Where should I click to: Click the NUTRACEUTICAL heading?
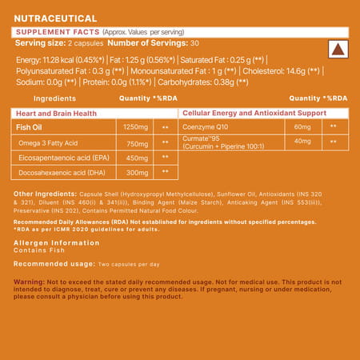tap(52, 14)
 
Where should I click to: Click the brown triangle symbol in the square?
tap(337, 49)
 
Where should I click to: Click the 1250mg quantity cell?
tap(133, 126)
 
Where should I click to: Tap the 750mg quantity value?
tap(133, 142)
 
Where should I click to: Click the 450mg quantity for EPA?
tap(133, 157)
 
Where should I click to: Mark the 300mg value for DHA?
tap(133, 172)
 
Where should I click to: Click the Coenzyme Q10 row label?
tap(210, 126)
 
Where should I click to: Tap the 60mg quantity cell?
tap(302, 126)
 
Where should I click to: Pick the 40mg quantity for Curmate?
tap(302, 142)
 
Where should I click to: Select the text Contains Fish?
tap(34, 250)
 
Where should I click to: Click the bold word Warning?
tap(28, 282)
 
